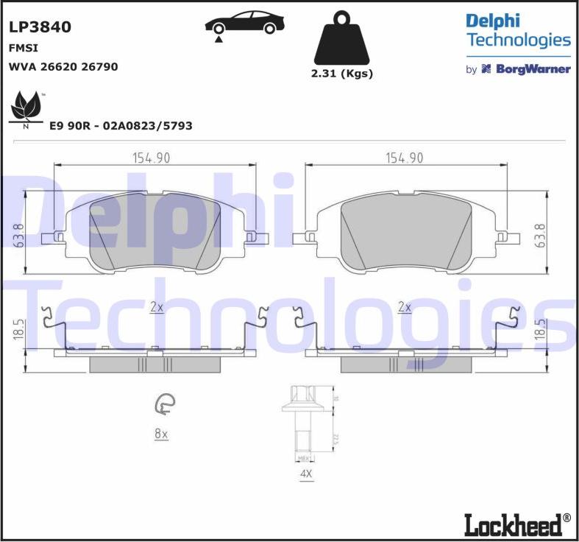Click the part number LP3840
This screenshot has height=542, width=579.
coord(40,27)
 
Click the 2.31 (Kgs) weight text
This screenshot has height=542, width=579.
coord(342,74)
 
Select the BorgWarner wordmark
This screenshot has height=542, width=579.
coord(525,69)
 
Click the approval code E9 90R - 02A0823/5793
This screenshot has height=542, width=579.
coord(121,126)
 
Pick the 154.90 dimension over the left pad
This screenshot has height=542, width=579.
coord(151,158)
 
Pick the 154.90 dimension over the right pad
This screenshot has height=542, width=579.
coord(405,158)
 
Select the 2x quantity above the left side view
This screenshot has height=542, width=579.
coord(156,307)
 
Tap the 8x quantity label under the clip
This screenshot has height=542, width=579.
coord(161,434)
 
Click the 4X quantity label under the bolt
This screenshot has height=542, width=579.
coord(306,475)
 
